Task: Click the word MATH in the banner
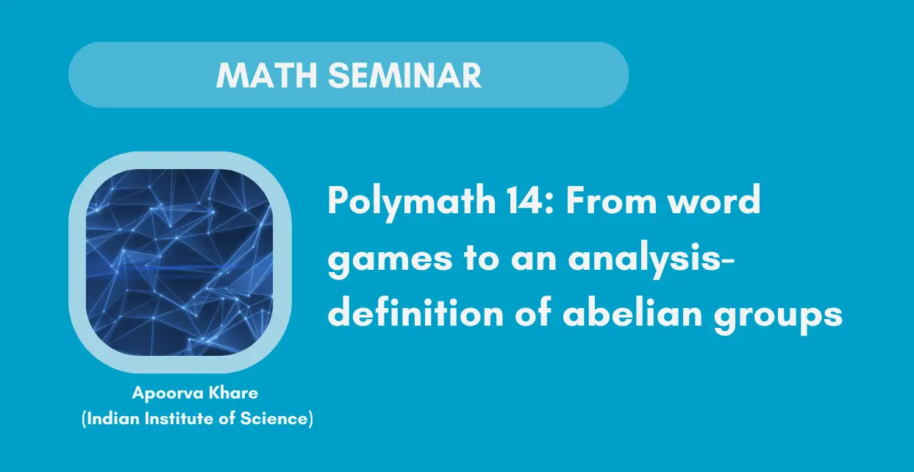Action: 267,76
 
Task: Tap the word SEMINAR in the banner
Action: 404,76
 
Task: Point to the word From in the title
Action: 611,201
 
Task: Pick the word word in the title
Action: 715,200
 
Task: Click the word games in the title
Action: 390,261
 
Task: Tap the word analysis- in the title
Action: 651,258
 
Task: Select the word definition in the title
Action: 415,312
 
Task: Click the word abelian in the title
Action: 632,312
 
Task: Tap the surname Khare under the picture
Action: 234,393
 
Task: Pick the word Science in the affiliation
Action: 274,418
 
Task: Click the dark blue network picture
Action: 179,262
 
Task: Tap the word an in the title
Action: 534,262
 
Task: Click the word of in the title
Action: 533,312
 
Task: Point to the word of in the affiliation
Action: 226,418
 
